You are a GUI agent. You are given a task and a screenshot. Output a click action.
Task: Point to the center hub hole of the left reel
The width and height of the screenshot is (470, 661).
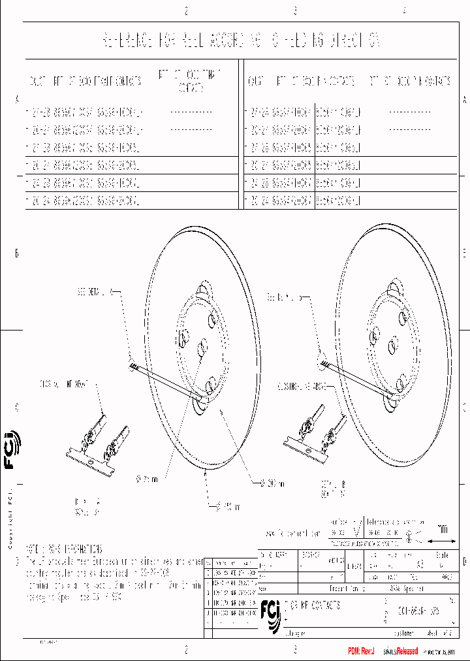pyautogui.click(x=202, y=344)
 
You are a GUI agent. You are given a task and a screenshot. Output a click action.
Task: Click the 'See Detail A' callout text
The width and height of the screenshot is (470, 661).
pyautogui.click(x=96, y=289)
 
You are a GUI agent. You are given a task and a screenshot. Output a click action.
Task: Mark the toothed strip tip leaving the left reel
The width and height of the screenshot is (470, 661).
pyautogui.click(x=135, y=368)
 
